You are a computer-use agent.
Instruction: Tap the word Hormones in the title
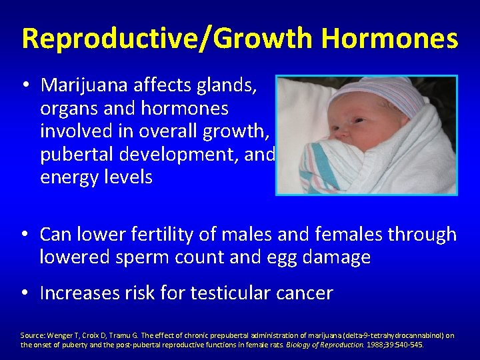click(x=389, y=39)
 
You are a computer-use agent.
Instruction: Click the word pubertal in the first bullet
click(x=74, y=155)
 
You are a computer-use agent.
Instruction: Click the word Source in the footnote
click(x=33, y=335)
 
